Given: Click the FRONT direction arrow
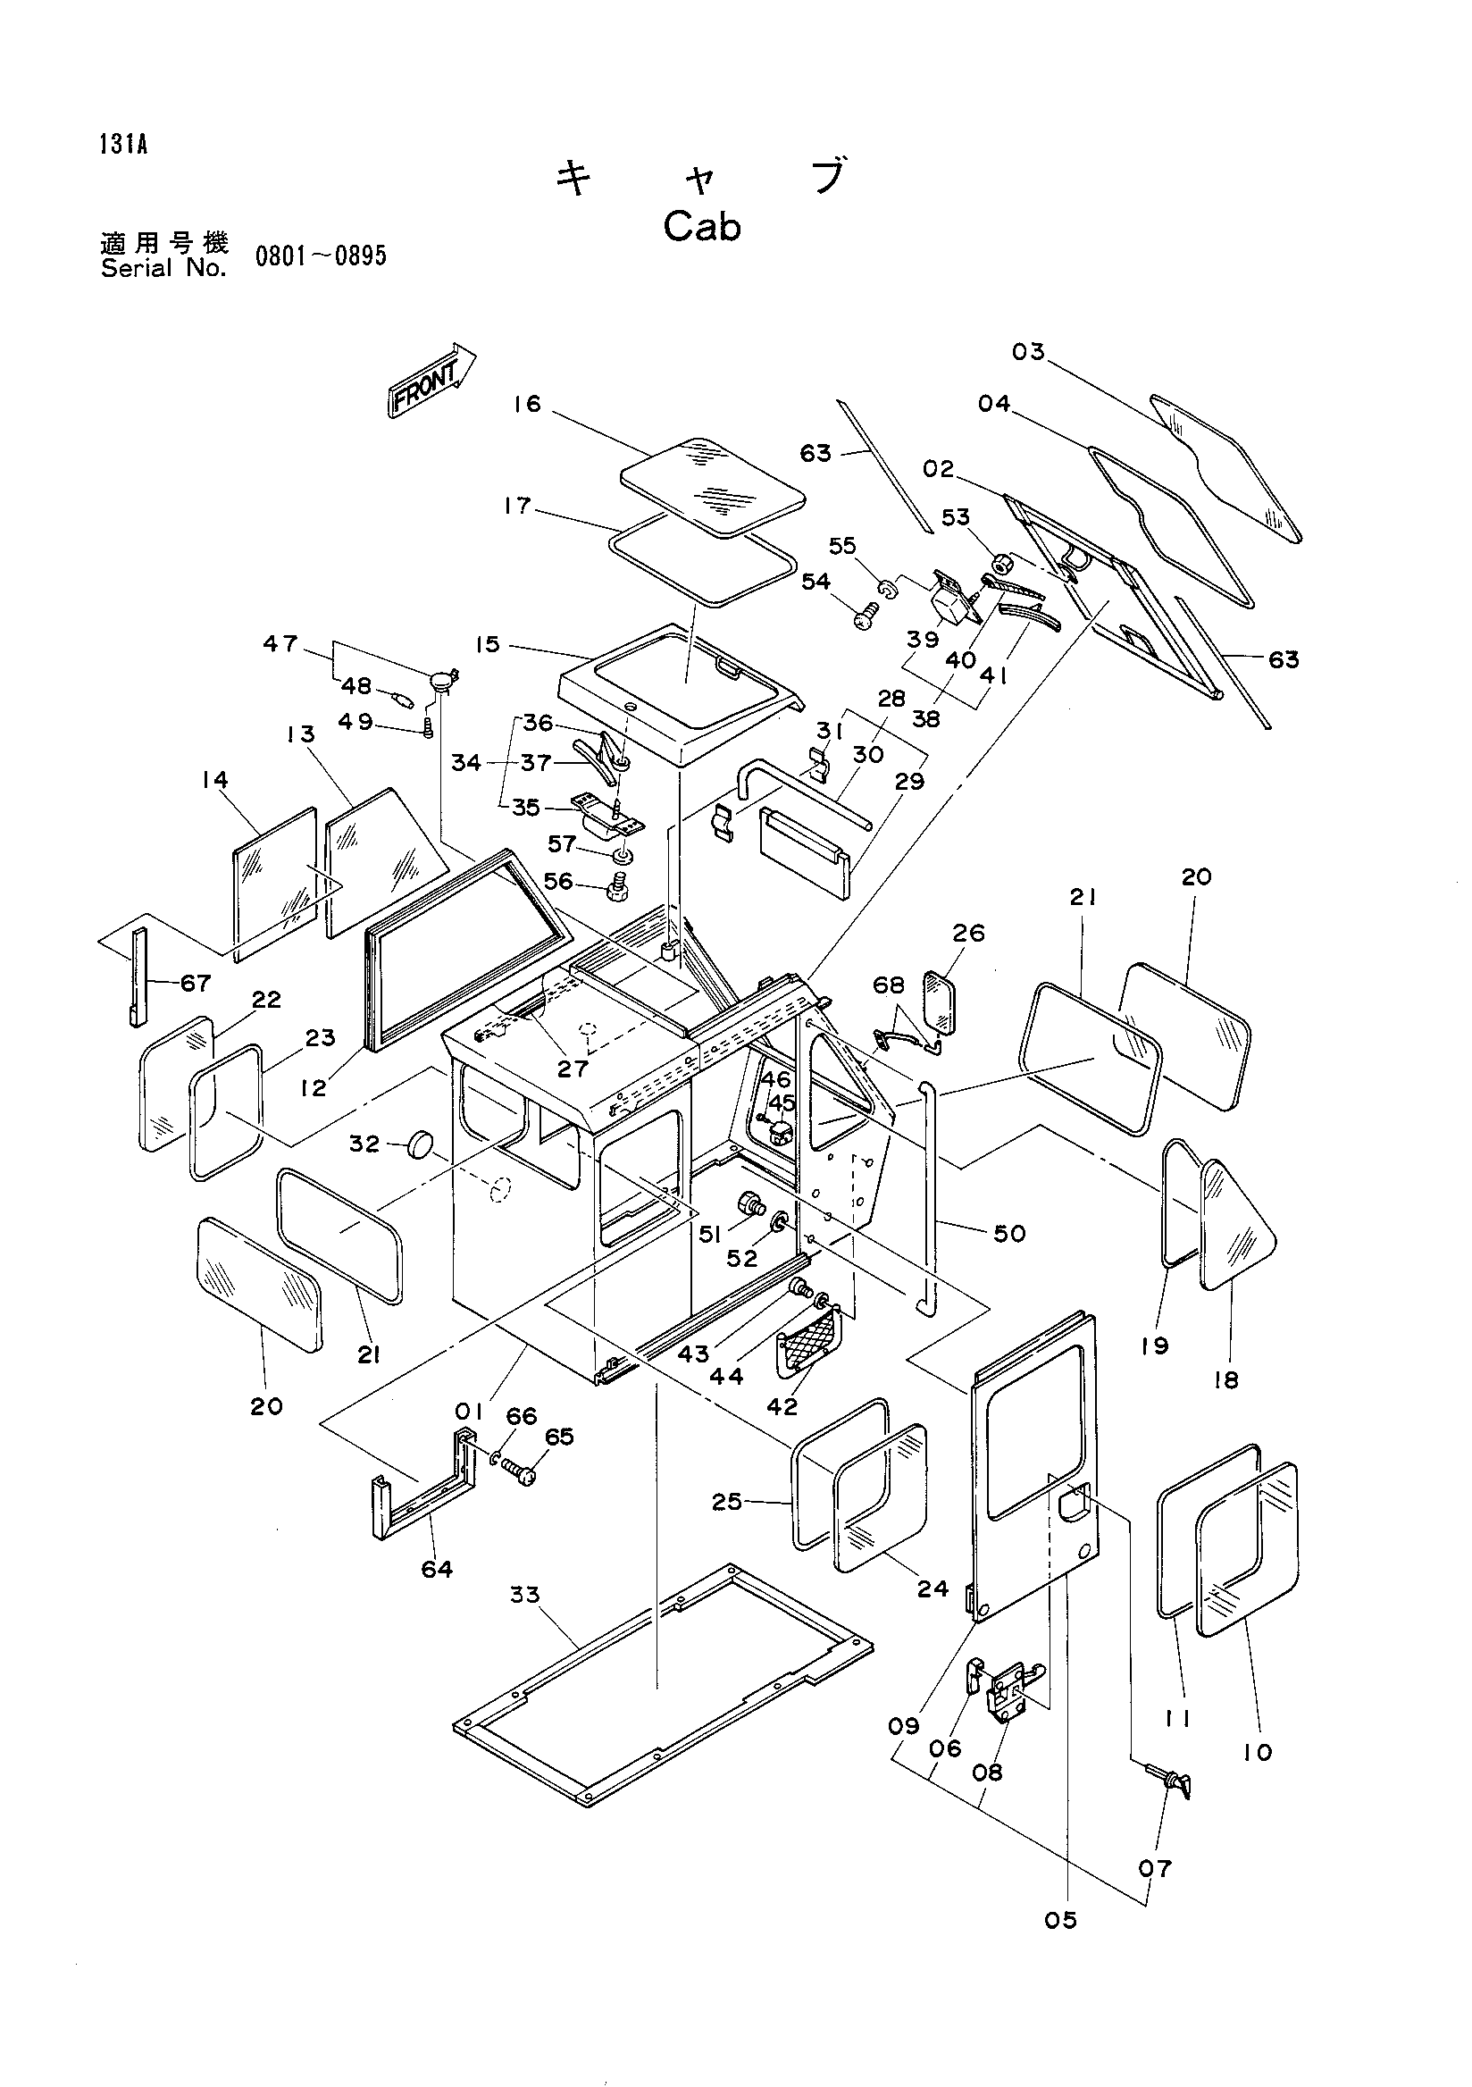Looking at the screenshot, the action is pos(431,381).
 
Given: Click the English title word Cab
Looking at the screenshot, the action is pos(701,227).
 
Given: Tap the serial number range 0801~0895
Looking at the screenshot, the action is pos(321,256).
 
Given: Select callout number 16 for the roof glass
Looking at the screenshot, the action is pos(527,404).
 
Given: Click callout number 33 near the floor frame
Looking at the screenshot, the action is pos(524,1595).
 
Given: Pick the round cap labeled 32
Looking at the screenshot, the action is pos(422,1144).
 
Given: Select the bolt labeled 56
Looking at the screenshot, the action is pos(616,886).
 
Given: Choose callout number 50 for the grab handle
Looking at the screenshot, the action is pos(1009,1234).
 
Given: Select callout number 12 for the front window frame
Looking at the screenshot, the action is pos(314,1087).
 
